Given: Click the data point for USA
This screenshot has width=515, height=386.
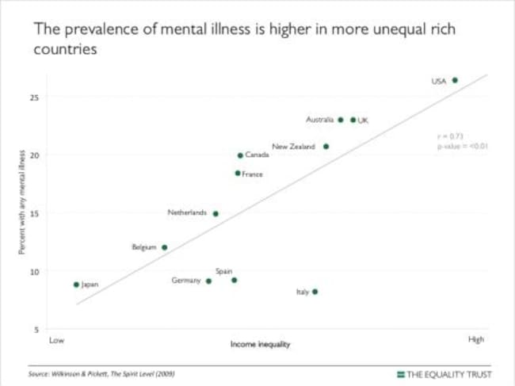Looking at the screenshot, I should pos(455,80).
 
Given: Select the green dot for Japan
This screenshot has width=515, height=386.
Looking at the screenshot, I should pos(76,284).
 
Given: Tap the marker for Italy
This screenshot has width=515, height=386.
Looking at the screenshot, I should pos(315,292).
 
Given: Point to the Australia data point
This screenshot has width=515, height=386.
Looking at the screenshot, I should pos(341,120).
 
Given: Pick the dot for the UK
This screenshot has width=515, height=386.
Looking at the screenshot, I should pos(353,120).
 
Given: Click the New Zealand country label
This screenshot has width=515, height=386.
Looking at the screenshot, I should pos(293,147).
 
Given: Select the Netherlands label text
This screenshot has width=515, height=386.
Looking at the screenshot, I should pos(187,212).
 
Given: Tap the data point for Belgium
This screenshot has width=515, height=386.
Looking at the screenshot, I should pos(164,247).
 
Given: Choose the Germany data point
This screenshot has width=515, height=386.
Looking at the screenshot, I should pos(208,281).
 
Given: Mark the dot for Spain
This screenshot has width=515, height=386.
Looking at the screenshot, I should pos(234,280).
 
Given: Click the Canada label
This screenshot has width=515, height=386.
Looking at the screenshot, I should pos(257,155).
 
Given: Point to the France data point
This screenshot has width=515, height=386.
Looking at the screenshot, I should pos(238,173).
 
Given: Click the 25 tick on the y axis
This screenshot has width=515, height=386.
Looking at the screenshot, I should pos(35,97).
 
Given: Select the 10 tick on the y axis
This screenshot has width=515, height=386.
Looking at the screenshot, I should pos(35,271).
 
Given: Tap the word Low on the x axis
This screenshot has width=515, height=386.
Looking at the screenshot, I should pos(55,340).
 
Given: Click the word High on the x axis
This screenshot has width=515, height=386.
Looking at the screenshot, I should pos(475,339).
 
